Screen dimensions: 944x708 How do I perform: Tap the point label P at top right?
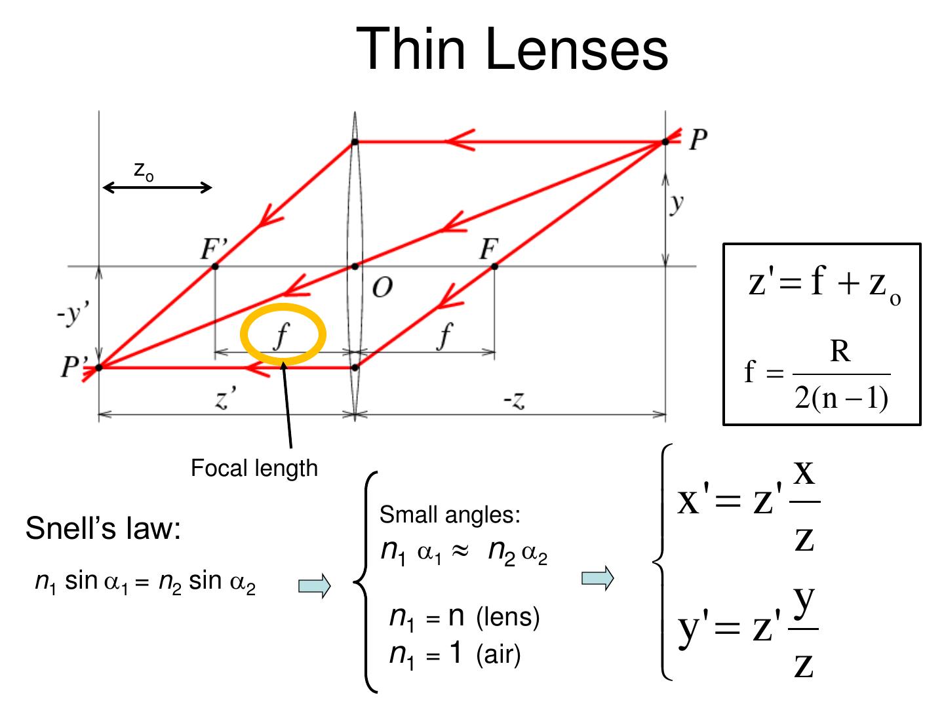pyautogui.click(x=698, y=140)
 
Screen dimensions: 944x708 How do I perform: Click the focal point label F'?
pyautogui.click(x=214, y=250)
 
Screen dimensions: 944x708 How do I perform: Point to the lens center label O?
pyautogui.click(x=382, y=287)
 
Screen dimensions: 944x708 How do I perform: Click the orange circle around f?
pyautogui.click(x=283, y=307)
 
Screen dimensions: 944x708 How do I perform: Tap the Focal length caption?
pyautogui.click(x=254, y=468)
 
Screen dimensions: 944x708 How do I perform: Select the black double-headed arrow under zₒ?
pyautogui.click(x=157, y=188)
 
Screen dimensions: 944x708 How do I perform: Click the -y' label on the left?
pyautogui.click(x=72, y=315)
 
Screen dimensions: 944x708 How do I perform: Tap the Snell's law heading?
pyautogui.click(x=103, y=528)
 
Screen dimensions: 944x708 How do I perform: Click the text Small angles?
pyautogui.click(x=450, y=515)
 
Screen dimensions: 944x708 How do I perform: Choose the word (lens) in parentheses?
pyautogui.click(x=508, y=617)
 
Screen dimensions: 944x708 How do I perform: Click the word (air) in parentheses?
pyautogui.click(x=498, y=654)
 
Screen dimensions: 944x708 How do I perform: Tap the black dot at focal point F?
pyautogui.click(x=494, y=266)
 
